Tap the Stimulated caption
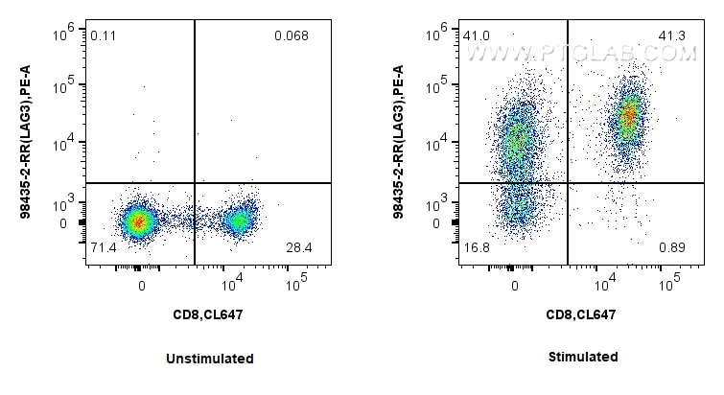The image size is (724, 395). click(x=583, y=357)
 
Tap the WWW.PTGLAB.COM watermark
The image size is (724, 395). click(x=581, y=55)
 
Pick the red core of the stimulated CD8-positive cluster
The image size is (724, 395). click(x=629, y=117)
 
